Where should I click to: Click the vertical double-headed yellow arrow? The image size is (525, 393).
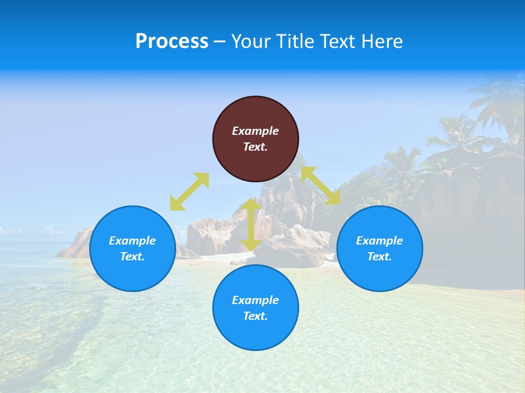pyautogui.click(x=251, y=225)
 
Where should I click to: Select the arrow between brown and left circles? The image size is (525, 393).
pyautogui.click(x=189, y=192)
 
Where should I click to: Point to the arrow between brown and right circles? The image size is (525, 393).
pyautogui.click(x=321, y=186)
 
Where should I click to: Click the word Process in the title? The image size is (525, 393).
pyautogui.click(x=172, y=41)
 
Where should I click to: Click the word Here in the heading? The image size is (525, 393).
pyautogui.click(x=382, y=41)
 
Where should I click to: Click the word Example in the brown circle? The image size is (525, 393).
pyautogui.click(x=255, y=131)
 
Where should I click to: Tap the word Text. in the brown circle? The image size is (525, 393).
pyautogui.click(x=255, y=147)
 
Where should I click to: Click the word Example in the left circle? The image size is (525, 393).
pyautogui.click(x=132, y=241)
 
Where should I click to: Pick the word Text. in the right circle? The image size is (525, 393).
pyautogui.click(x=380, y=257)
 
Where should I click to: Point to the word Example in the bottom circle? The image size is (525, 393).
pyautogui.click(x=255, y=300)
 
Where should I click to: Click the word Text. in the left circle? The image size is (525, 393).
pyautogui.click(x=132, y=257)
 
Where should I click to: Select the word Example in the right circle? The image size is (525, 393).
pyautogui.click(x=380, y=241)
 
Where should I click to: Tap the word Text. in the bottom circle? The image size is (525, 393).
pyautogui.click(x=255, y=316)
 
